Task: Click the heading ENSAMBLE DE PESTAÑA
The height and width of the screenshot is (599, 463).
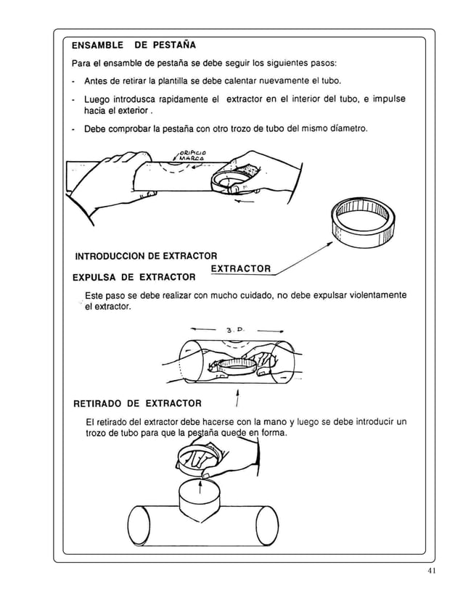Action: tap(128, 45)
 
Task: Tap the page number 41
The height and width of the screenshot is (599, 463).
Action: tap(432, 571)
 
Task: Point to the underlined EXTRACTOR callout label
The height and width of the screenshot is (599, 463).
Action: tap(240, 269)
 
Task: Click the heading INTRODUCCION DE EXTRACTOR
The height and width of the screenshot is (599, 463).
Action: tap(147, 256)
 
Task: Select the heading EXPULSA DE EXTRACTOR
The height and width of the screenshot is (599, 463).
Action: tap(134, 277)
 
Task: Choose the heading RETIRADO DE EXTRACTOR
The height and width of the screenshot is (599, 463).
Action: tap(138, 403)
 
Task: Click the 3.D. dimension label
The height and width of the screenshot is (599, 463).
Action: tap(236, 331)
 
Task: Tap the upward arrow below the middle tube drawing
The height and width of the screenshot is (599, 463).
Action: tap(237, 400)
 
